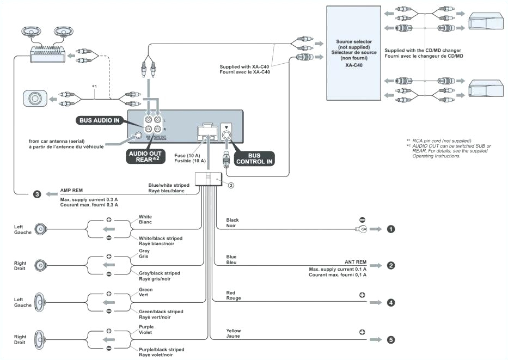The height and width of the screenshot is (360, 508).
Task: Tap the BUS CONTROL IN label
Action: click(x=254, y=158)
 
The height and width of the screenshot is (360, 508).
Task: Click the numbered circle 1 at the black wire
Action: click(x=390, y=229)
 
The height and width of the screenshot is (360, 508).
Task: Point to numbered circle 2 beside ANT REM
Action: click(x=390, y=266)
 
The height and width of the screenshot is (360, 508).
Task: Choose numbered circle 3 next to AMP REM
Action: click(x=37, y=194)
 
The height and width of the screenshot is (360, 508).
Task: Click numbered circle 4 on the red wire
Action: click(x=390, y=302)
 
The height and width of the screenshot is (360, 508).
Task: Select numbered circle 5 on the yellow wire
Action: click(x=390, y=339)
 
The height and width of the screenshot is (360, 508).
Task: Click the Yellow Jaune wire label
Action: click(x=234, y=333)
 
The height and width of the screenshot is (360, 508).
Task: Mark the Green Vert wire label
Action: click(x=146, y=292)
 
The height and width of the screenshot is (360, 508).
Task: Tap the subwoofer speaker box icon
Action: click(x=35, y=99)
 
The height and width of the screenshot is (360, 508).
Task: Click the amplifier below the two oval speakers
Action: click(x=46, y=52)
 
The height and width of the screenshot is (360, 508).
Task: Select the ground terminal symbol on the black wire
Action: click(x=364, y=229)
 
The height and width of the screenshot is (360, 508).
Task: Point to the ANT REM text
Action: click(x=355, y=261)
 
